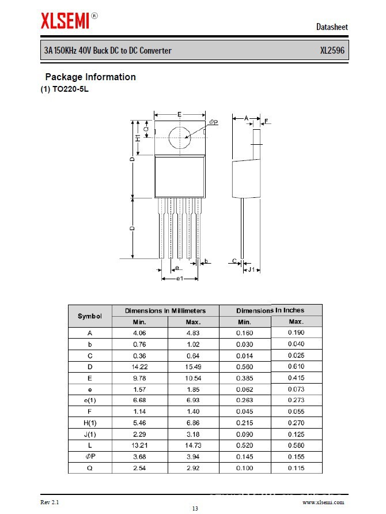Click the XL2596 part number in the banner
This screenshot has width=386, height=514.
[x=332, y=51]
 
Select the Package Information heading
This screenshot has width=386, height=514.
[x=90, y=77]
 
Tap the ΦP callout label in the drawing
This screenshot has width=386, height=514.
[x=213, y=122]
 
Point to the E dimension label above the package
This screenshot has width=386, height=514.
[x=180, y=115]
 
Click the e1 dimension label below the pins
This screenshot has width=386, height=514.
[x=179, y=279]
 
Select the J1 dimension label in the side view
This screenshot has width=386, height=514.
[x=251, y=269]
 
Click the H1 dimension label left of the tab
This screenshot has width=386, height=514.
[x=138, y=138]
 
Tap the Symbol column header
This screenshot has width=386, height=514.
[x=90, y=316]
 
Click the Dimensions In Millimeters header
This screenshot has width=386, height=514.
[x=165, y=311]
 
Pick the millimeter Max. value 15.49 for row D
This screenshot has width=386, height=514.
[x=193, y=367]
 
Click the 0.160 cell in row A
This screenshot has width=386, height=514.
[x=244, y=333]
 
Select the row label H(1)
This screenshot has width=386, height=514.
[x=90, y=423]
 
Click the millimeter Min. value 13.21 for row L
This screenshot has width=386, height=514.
[x=139, y=445]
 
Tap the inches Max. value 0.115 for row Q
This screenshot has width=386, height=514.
[x=296, y=468]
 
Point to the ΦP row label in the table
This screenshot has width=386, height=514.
[x=90, y=457]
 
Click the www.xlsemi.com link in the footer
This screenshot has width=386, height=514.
[x=327, y=502]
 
